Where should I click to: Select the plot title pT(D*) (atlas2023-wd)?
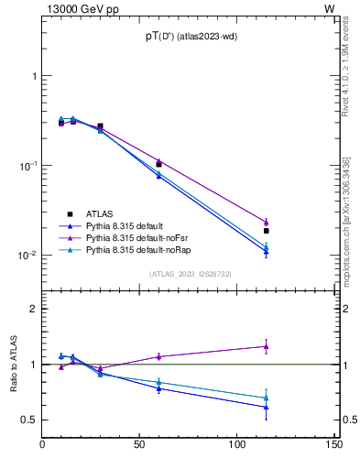[182, 36]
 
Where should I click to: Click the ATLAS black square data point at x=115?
[266, 231]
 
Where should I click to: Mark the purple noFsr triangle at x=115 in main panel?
[266, 222]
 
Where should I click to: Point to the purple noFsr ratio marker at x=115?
[266, 346]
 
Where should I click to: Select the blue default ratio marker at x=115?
[266, 407]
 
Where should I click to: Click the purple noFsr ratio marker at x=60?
[158, 356]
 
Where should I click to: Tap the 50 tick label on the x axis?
[139, 444]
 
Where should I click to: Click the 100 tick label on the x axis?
[236, 444]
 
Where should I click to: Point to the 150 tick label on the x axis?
[333, 444]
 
